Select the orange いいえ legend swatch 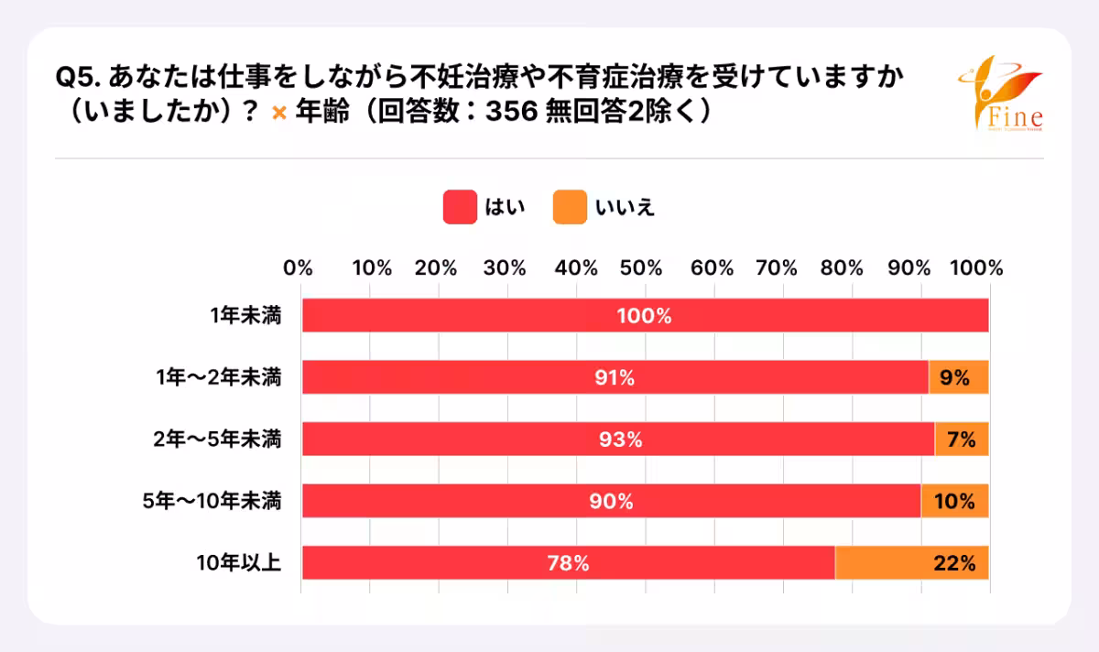click(570, 207)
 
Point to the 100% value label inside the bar click(645, 317)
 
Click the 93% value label click(619, 440)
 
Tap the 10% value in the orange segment click(954, 502)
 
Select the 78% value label click(568, 563)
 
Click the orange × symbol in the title click(280, 113)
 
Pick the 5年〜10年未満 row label click(212, 502)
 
